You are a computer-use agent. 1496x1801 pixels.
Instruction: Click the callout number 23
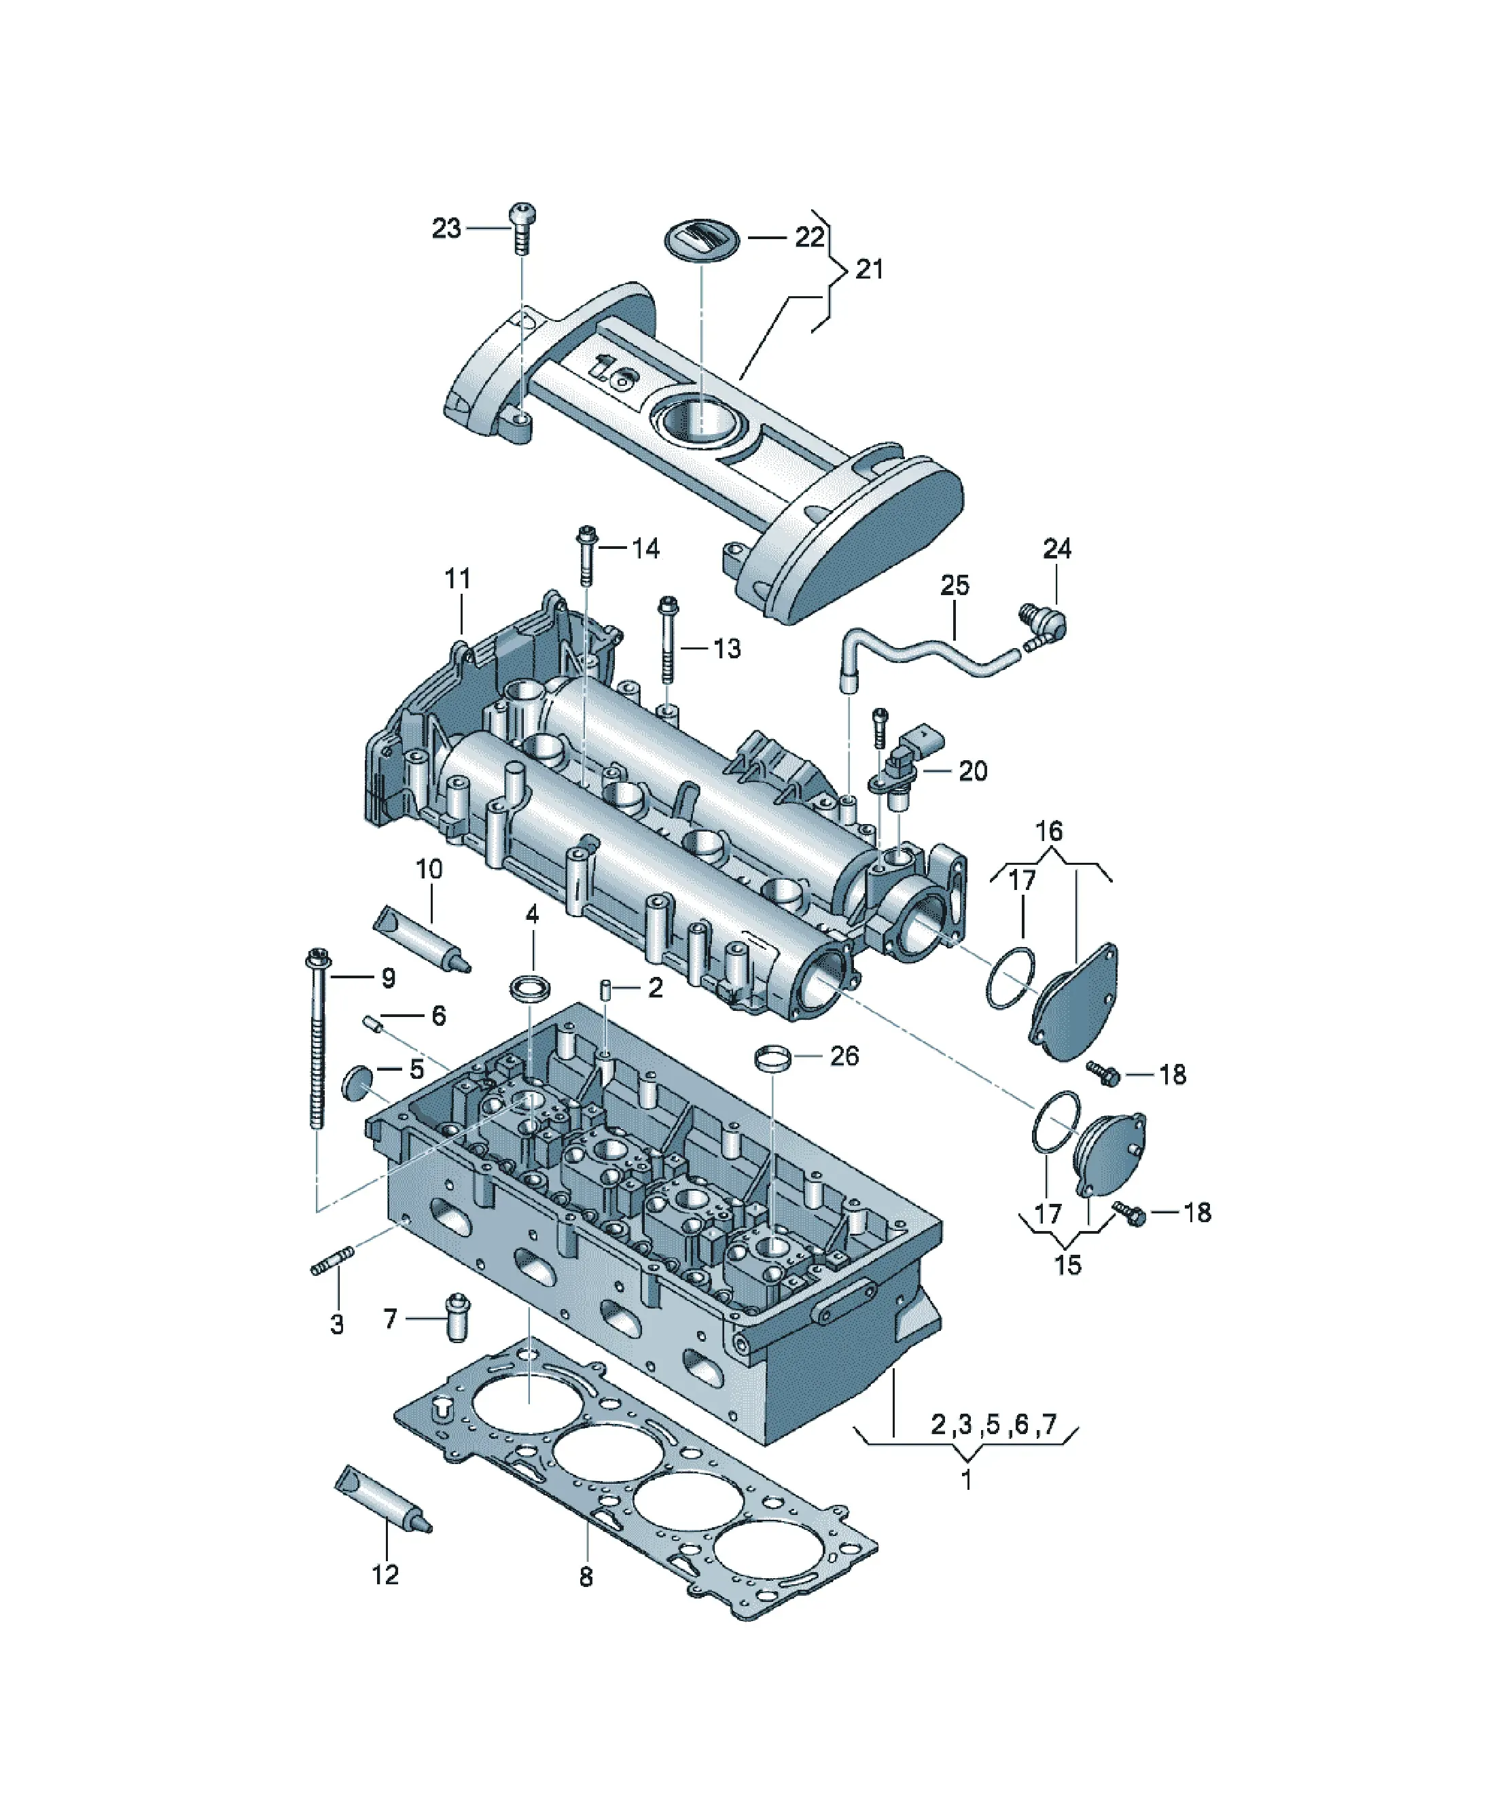coord(446,228)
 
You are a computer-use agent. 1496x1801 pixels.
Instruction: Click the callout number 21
coord(870,269)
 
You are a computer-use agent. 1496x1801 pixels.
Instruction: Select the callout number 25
coord(955,586)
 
